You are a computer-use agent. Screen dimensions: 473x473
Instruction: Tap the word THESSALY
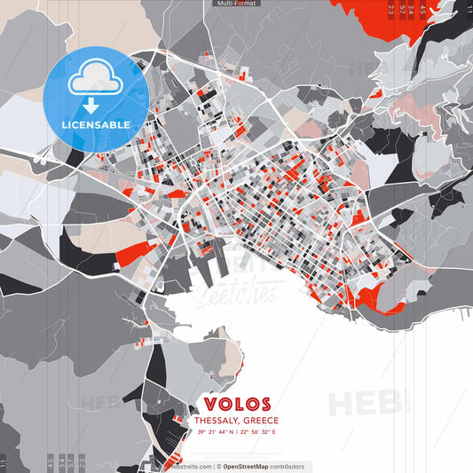click(x=218, y=421)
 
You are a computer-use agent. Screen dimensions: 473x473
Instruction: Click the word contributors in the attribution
click(x=285, y=466)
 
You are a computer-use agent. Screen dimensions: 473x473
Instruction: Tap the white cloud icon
click(x=97, y=79)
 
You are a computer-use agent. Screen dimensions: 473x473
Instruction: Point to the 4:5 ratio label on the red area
click(x=422, y=9)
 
